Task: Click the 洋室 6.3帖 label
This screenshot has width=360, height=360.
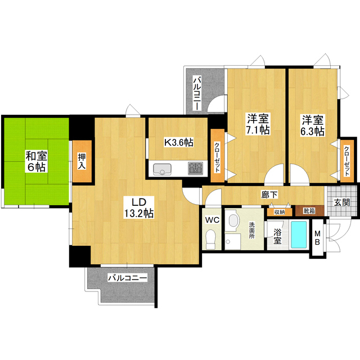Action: (x=312, y=125)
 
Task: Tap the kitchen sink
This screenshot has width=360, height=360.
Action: (x=163, y=168)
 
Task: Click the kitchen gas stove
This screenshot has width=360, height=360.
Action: (x=195, y=168)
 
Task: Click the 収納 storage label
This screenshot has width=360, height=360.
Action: (x=280, y=212)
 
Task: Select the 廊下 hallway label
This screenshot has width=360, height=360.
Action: (x=269, y=195)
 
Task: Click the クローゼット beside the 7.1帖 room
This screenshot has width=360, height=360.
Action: (x=217, y=155)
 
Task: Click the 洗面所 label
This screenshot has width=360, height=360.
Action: (x=252, y=231)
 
